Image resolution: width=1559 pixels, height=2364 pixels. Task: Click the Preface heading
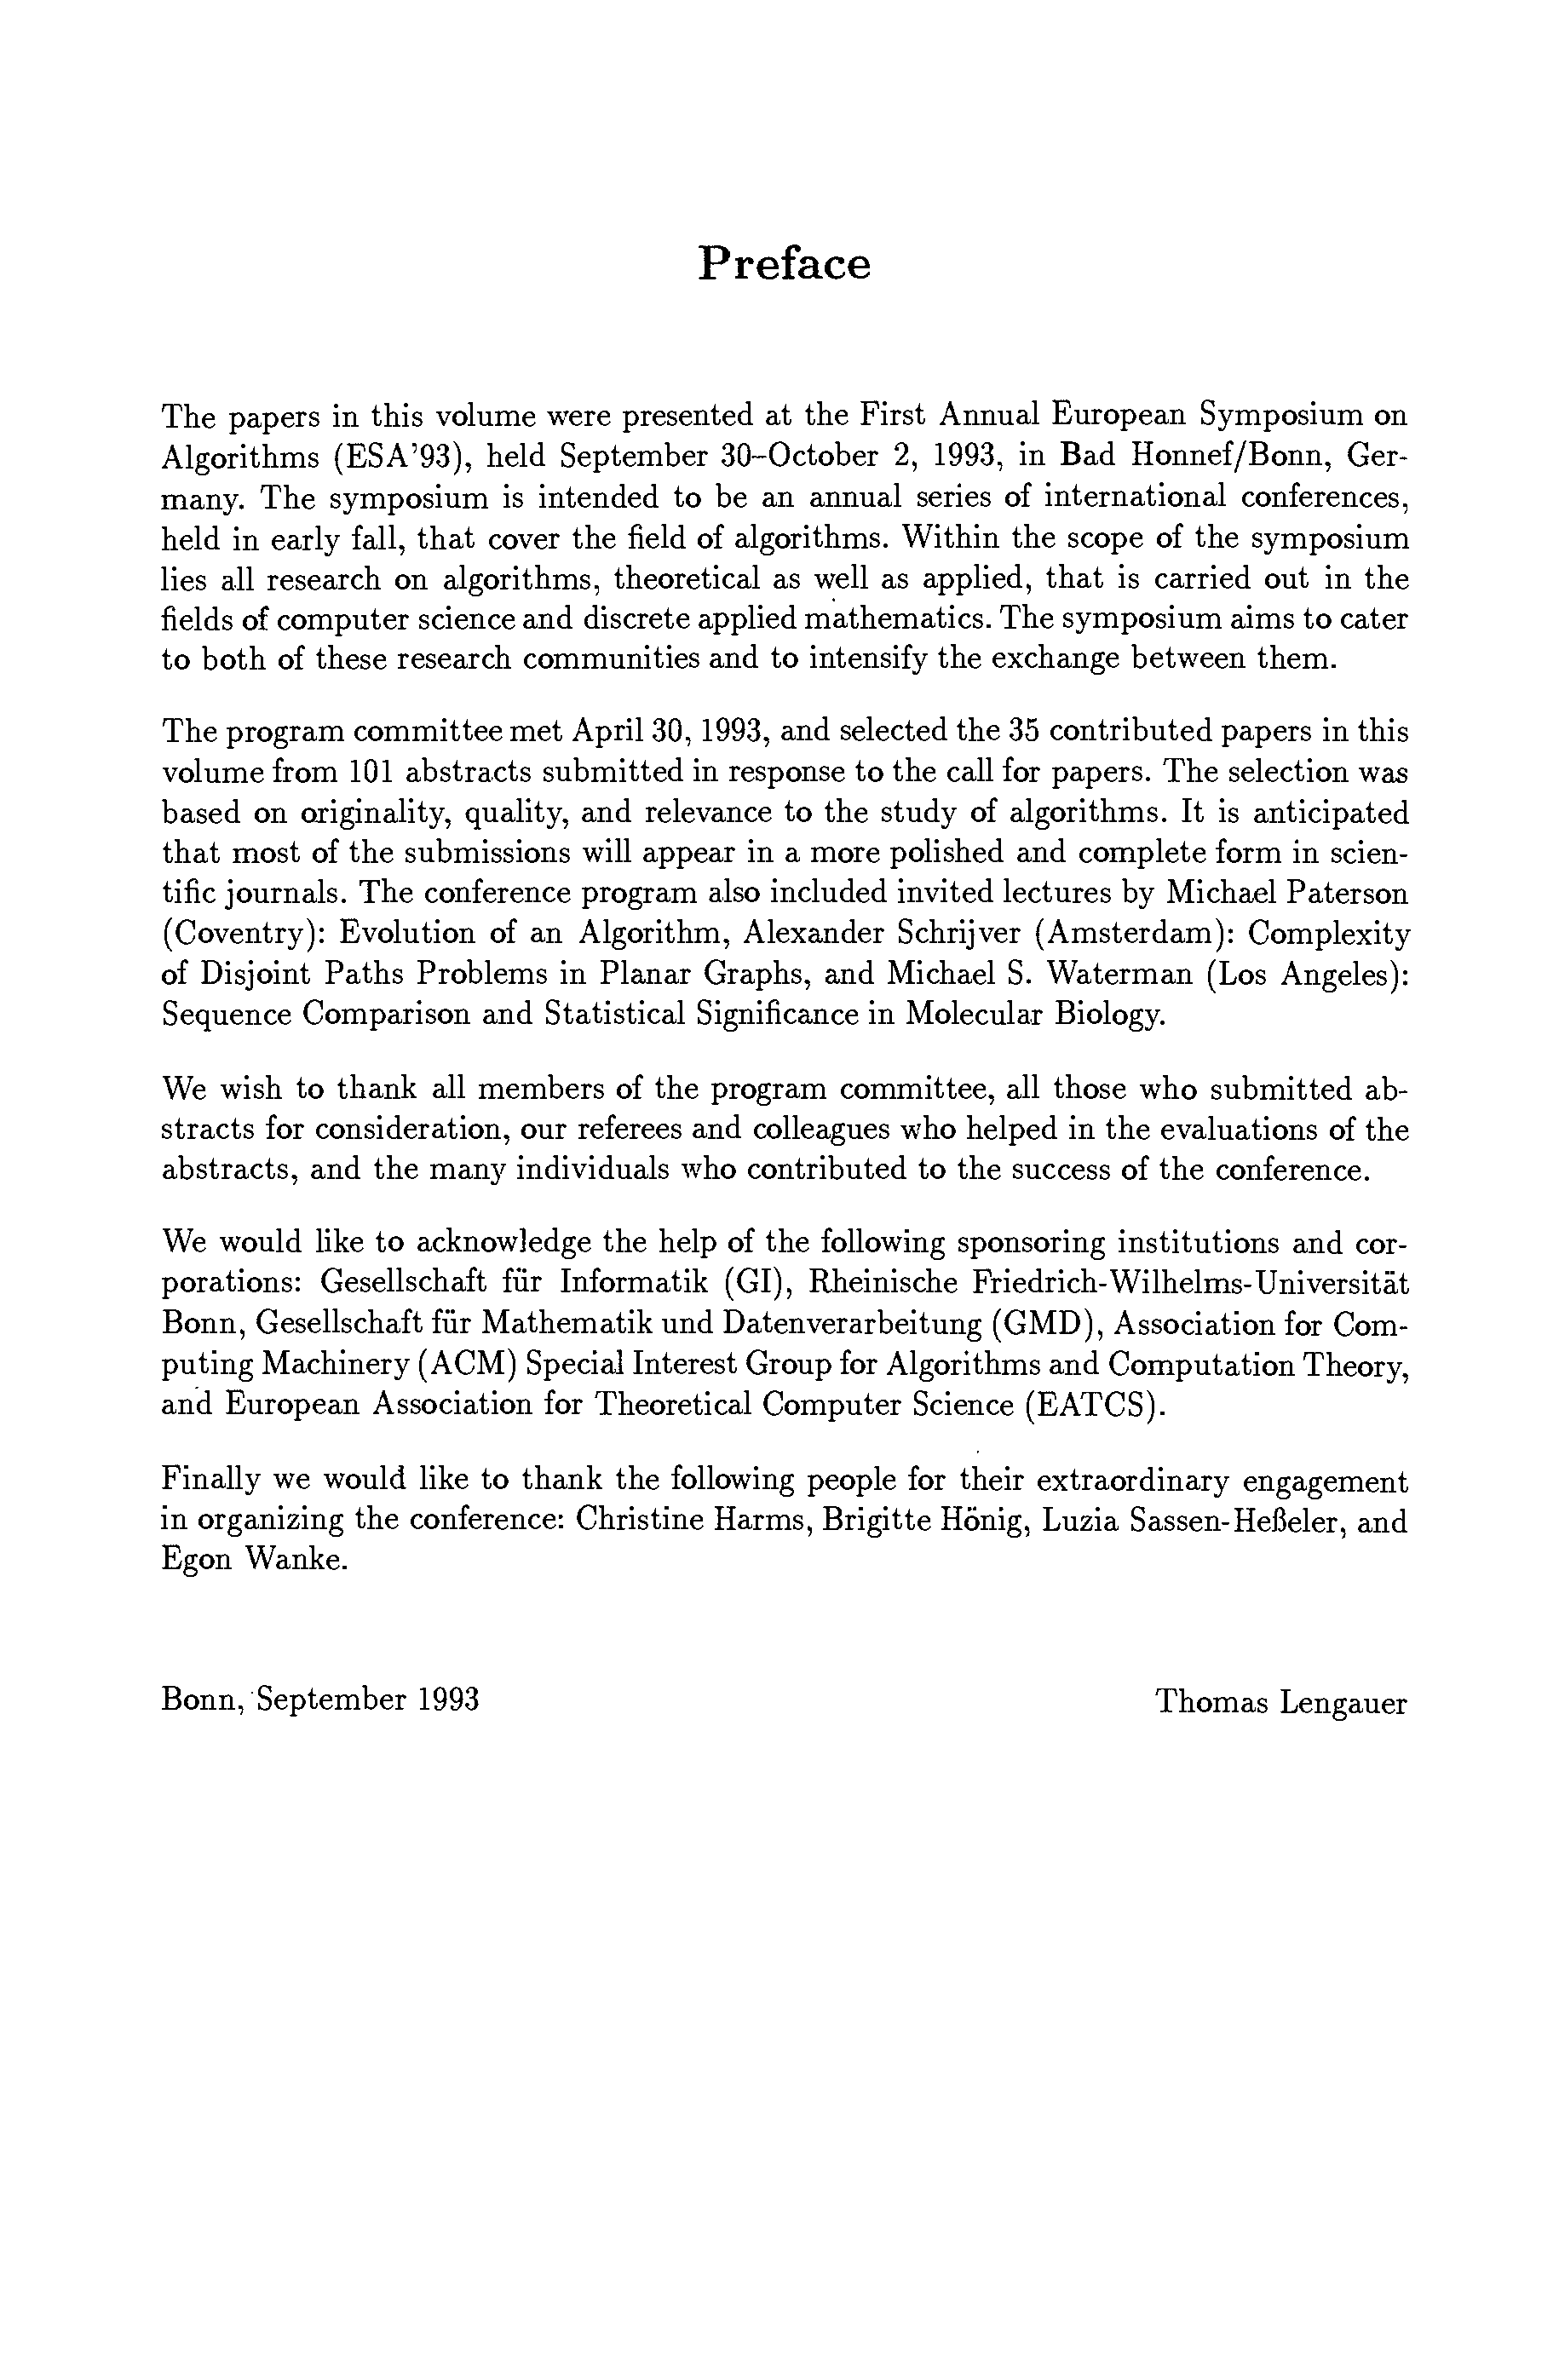[784, 264]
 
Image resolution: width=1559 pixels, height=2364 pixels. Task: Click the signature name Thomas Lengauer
[1280, 1703]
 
